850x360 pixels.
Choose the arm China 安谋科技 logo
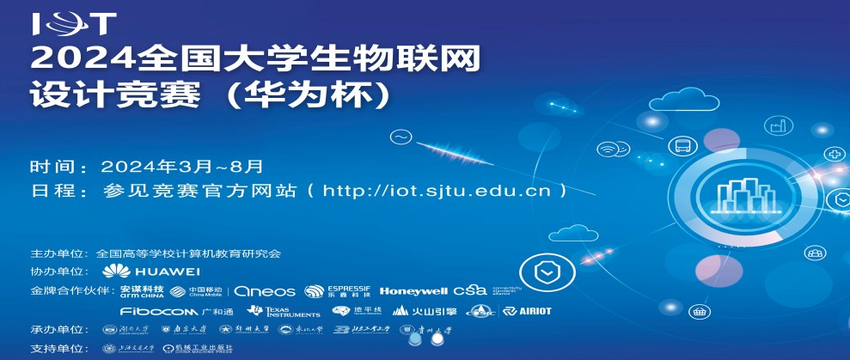[142, 290]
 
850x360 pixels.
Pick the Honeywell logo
[413, 290]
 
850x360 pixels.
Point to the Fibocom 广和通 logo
[176, 310]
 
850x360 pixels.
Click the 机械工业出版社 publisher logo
[197, 349]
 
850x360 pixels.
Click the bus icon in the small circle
[683, 146]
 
